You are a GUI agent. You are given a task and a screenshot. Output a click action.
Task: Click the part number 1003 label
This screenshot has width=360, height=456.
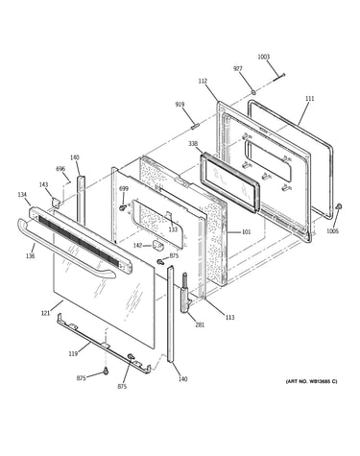[264, 57]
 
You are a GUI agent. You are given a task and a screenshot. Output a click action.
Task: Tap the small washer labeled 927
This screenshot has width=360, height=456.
[252, 92]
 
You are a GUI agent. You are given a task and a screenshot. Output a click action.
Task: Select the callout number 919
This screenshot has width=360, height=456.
[180, 105]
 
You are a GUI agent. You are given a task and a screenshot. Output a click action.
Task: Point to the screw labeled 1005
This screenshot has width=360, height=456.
[339, 206]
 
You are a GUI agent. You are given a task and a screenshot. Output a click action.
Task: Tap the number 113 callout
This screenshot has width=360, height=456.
[229, 317]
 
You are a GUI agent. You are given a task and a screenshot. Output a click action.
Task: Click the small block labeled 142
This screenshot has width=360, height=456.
[157, 246]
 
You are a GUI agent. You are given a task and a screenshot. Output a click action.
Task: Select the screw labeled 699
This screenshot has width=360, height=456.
[122, 207]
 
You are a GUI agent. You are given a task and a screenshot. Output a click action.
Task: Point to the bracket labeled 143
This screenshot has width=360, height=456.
[57, 202]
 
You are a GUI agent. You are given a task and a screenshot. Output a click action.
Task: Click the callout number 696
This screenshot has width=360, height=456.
[60, 169]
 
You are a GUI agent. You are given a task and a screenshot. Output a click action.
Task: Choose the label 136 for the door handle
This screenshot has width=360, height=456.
[31, 256]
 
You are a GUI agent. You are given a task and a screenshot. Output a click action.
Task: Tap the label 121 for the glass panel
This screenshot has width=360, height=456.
[45, 313]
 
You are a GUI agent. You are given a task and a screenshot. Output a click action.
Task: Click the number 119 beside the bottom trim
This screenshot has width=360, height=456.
[73, 354]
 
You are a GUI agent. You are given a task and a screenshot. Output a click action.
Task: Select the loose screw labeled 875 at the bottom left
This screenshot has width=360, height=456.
[106, 372]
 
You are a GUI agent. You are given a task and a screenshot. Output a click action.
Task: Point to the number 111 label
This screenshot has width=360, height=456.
[309, 99]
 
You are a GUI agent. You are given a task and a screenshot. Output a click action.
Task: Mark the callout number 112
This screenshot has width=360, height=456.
[203, 82]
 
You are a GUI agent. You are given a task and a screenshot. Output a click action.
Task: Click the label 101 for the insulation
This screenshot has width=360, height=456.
[246, 231]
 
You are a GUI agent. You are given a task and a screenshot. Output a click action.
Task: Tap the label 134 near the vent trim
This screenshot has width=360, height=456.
[22, 195]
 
